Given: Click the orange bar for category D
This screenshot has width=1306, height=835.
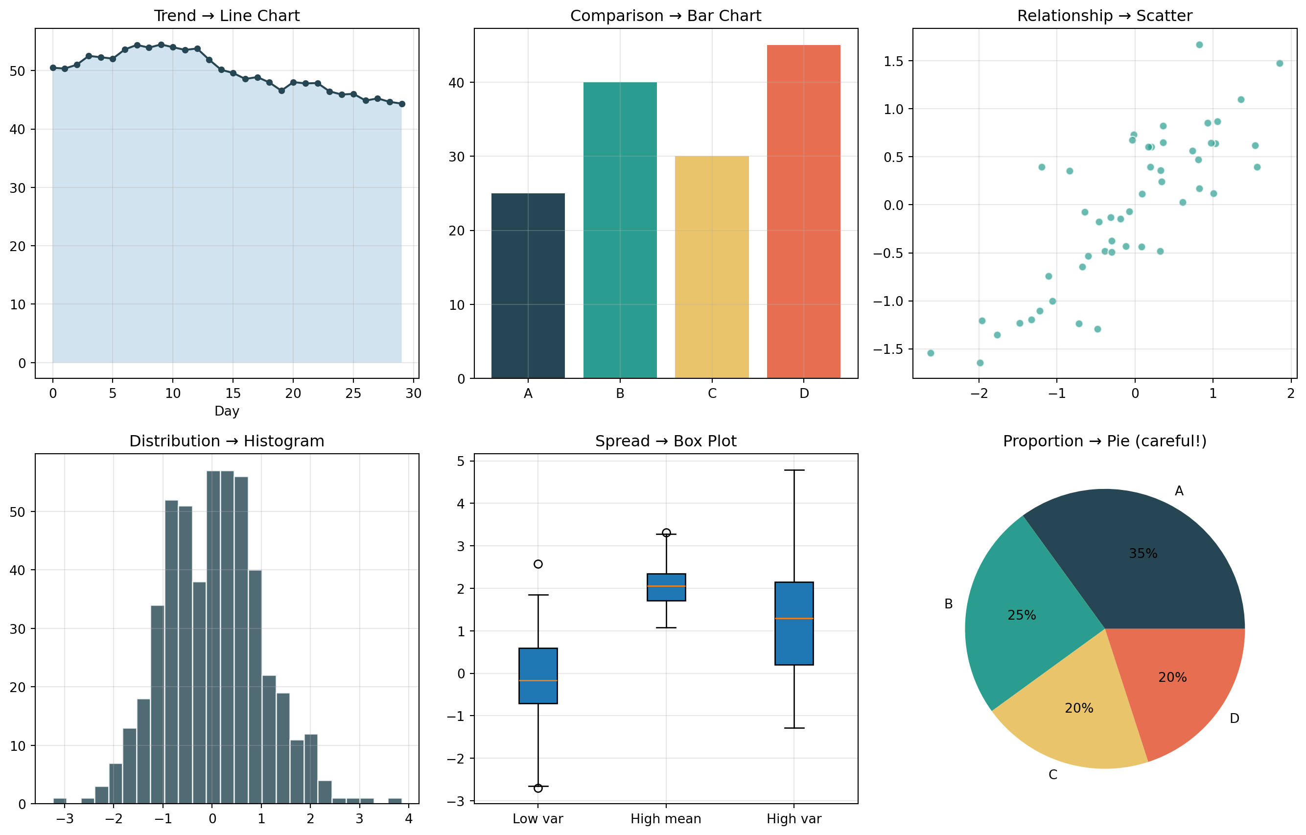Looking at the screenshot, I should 803,211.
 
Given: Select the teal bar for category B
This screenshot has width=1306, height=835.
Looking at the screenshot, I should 620,230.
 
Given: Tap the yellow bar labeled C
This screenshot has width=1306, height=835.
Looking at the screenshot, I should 712,267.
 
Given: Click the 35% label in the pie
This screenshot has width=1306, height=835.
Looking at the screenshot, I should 1143,554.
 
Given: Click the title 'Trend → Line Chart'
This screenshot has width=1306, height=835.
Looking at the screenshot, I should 227,16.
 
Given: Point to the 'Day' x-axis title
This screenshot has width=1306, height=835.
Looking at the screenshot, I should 227,411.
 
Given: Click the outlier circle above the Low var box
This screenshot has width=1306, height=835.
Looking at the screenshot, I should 538,564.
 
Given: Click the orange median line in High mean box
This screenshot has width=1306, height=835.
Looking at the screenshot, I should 666,586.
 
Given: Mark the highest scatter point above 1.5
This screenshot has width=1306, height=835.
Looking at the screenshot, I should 1199,45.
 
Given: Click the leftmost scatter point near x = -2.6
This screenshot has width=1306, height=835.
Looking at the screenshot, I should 931,353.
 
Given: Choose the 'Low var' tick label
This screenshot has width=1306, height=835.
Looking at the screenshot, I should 537,819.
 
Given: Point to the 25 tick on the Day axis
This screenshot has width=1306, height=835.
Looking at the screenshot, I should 353,394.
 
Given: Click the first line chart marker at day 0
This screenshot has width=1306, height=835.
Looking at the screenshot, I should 52,68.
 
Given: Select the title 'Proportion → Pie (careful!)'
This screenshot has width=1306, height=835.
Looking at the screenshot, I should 1104,441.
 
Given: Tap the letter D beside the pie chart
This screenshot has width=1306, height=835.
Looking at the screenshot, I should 1235,719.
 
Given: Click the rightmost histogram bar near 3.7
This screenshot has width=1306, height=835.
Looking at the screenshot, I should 395,800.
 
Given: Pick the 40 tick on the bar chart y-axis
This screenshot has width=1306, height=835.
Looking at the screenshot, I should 457,83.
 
